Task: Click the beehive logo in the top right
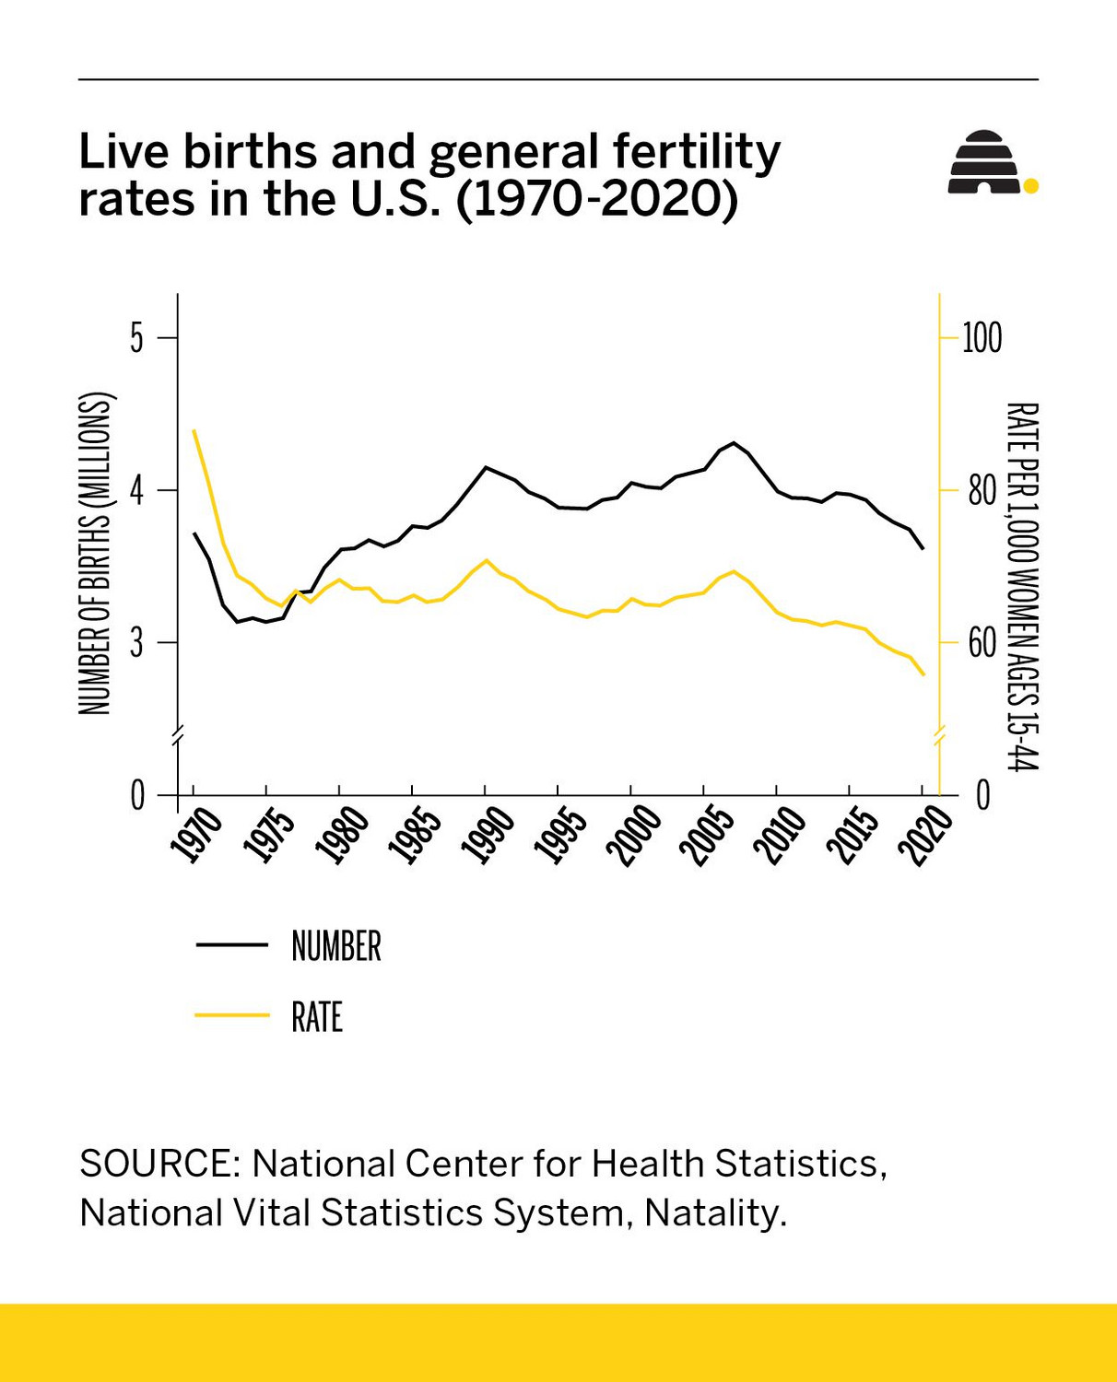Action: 984,162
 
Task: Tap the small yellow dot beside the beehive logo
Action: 1031,186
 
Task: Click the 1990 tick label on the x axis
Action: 488,835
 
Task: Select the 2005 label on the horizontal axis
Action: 707,835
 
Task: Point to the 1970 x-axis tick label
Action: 196,835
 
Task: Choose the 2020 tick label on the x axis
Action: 925,835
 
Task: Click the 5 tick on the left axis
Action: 136,338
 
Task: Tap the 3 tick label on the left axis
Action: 136,643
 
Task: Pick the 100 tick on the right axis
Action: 982,338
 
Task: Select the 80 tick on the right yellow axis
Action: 982,491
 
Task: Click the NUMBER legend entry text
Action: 335,946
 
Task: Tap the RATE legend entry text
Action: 316,1017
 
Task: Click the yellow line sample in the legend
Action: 231,1015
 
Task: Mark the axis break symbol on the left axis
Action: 178,734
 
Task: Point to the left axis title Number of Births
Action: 94,553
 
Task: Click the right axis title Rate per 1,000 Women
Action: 1021,586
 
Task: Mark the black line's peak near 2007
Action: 734,443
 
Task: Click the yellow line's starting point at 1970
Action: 194,430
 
